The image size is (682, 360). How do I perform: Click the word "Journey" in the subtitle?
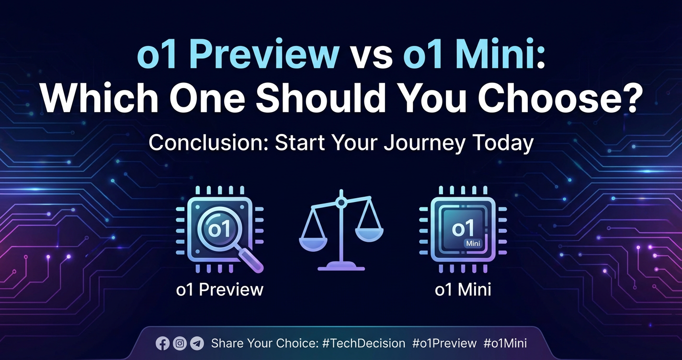click(x=424, y=144)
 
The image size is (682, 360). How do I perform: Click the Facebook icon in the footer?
click(x=162, y=344)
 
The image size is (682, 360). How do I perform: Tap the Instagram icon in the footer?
click(x=180, y=344)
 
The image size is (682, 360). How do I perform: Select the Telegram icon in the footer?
click(x=197, y=344)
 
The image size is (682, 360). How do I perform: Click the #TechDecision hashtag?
click(x=364, y=344)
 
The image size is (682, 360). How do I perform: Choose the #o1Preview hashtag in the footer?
click(x=444, y=344)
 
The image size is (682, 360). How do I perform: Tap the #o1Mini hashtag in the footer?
click(x=505, y=344)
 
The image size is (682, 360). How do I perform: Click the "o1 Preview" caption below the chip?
click(x=219, y=290)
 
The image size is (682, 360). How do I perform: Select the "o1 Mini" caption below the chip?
click(x=463, y=290)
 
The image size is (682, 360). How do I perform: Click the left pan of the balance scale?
click(x=313, y=244)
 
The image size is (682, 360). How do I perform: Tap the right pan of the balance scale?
click(x=369, y=235)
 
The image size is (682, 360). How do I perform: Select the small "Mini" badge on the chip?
click(x=473, y=244)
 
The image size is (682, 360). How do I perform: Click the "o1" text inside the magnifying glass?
click(x=218, y=229)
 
